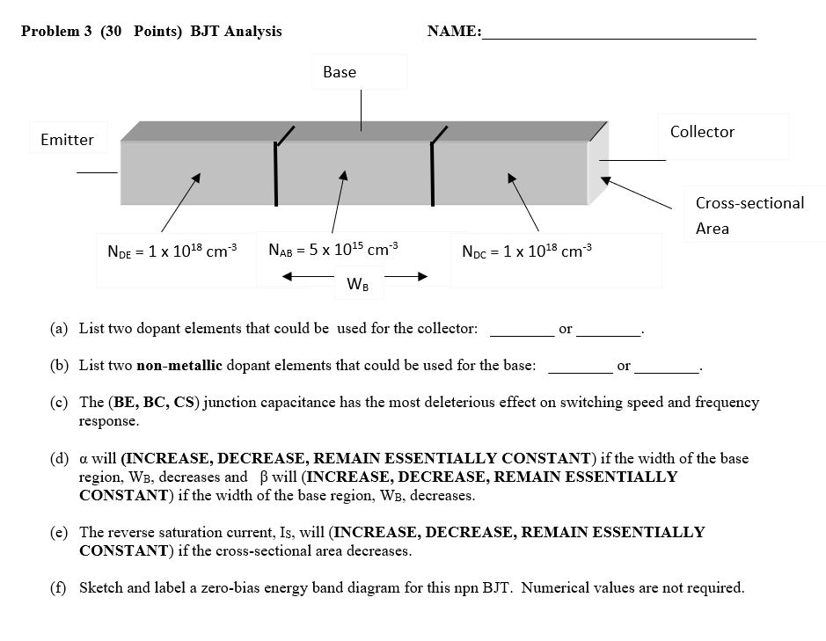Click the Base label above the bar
(x=340, y=72)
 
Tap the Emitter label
(x=67, y=140)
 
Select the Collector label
(x=702, y=132)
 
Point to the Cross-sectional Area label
(x=749, y=215)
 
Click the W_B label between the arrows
(x=358, y=284)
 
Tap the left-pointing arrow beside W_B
(x=307, y=277)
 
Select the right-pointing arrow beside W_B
(x=406, y=277)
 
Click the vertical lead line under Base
(x=361, y=109)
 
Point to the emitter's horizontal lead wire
(x=97, y=172)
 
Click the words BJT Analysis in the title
(x=237, y=32)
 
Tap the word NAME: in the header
(x=454, y=32)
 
